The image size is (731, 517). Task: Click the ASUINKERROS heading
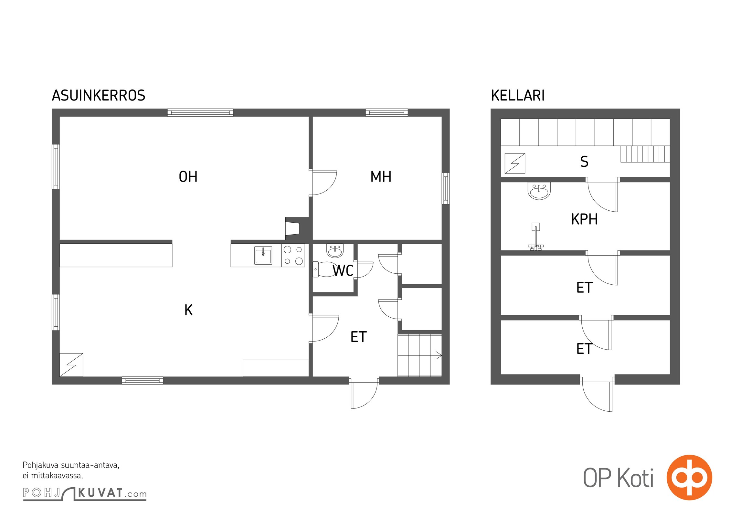click(x=99, y=96)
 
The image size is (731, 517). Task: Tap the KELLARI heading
click(x=518, y=96)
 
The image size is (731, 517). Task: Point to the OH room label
click(x=188, y=177)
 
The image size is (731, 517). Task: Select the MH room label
click(x=381, y=177)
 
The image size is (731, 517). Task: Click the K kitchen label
click(x=188, y=310)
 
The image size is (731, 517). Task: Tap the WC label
click(x=343, y=271)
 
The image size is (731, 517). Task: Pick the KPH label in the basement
click(x=584, y=219)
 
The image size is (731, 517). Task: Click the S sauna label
click(x=584, y=162)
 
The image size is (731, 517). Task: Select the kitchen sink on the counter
click(x=263, y=255)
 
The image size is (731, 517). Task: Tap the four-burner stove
click(x=293, y=255)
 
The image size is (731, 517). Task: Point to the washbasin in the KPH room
click(x=539, y=191)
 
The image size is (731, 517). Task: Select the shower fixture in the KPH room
click(x=536, y=237)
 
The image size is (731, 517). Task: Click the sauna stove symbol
click(x=515, y=164)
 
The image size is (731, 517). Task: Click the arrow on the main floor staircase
click(x=439, y=355)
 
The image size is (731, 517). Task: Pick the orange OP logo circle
click(x=689, y=478)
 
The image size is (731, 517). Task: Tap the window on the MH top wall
click(x=387, y=112)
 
